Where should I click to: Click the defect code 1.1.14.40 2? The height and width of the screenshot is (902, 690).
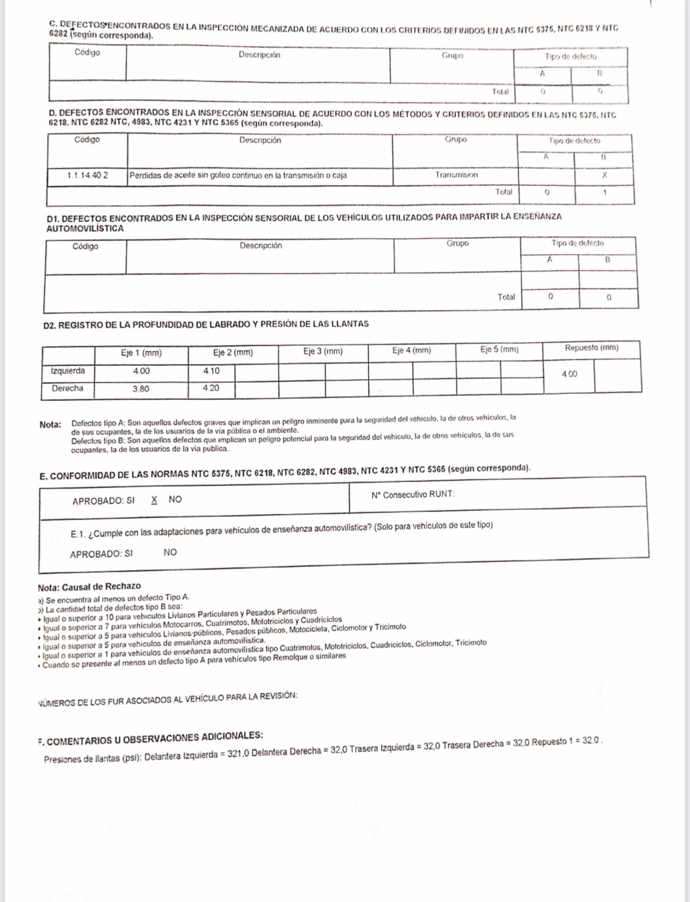pos(88,175)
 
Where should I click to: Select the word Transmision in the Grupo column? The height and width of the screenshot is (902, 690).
pos(456,175)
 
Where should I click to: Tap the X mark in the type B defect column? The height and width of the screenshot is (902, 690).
pos(604,175)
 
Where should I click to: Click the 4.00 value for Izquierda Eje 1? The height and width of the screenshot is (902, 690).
pos(141,371)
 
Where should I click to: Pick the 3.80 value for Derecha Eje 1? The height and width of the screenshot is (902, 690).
pos(141,389)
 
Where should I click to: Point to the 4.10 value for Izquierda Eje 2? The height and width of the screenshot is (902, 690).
pos(211,370)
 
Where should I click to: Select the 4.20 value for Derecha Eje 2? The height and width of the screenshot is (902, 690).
pos(211,388)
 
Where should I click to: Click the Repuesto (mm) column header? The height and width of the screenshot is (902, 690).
pos(591,348)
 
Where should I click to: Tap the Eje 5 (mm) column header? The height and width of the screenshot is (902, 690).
pos(499,349)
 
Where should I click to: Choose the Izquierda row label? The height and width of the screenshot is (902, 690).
pos(68,370)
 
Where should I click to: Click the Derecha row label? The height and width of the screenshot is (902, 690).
pos(68,388)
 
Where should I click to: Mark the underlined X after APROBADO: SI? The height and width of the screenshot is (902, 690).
pos(154,499)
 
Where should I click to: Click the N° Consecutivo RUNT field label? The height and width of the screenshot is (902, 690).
pos(413,494)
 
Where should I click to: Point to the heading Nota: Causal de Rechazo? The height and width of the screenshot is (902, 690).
pos(89,586)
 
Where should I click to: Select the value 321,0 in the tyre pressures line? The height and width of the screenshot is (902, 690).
pos(238,752)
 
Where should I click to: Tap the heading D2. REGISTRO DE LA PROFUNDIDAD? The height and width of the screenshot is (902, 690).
pos(206,324)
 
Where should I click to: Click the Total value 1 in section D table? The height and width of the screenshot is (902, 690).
pos(604,193)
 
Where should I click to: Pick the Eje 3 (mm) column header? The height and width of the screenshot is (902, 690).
pos(323,351)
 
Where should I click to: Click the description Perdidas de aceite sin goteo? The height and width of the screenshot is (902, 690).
pos(238,175)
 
